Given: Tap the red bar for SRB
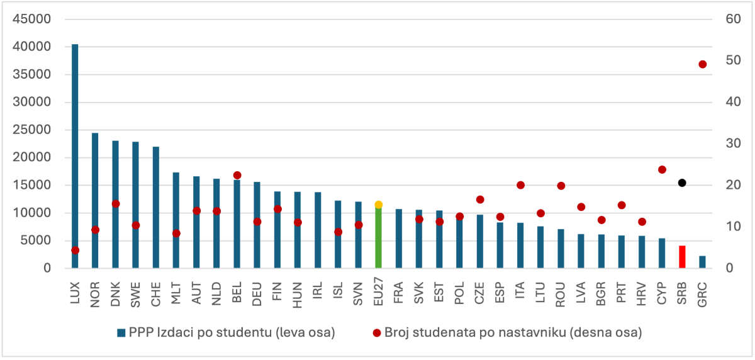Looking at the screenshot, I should click(x=682, y=257).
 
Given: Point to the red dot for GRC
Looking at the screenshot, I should click(x=703, y=64).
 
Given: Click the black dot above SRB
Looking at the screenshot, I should click(x=682, y=183).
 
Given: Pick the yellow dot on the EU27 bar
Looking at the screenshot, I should click(x=378, y=205).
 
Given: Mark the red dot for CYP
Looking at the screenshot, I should click(x=662, y=169).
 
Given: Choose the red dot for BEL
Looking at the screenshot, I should click(x=237, y=175).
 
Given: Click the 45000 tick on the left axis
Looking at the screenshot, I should click(x=35, y=19).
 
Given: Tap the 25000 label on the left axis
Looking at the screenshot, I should click(x=35, y=130).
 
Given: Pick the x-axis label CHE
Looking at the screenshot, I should click(x=156, y=295).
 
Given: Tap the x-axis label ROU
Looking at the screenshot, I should click(x=561, y=295).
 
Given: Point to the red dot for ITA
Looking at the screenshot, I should click(x=520, y=185).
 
